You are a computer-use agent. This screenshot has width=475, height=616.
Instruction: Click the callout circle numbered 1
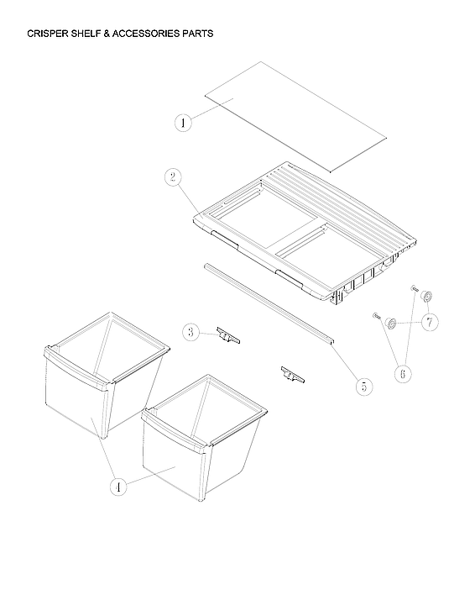184,123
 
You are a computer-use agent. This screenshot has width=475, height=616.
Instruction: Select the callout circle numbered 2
172,176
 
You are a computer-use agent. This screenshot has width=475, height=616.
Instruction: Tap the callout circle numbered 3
191,333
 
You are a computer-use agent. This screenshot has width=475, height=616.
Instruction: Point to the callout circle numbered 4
118,485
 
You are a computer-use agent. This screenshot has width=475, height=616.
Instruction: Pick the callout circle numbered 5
363,386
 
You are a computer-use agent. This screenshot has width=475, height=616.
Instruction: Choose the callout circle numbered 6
404,374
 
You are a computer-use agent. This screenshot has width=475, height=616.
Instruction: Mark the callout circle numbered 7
429,323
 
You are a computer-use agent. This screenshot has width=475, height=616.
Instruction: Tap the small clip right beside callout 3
227,336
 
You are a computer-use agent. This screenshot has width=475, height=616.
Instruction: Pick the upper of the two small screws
414,290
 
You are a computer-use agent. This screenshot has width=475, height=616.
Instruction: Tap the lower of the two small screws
375,316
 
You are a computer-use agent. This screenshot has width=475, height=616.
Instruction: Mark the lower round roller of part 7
390,323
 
